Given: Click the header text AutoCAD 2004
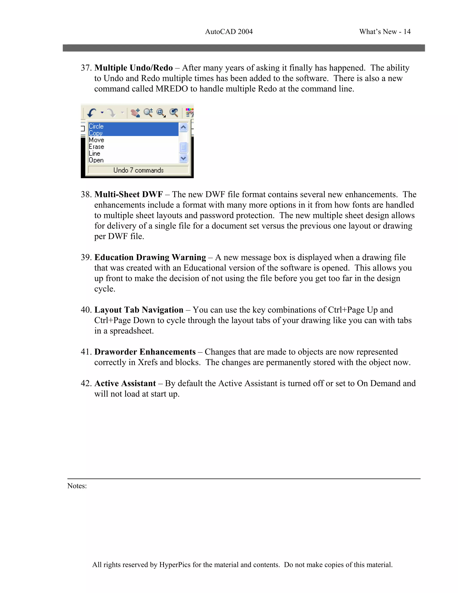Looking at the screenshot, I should coord(229,32).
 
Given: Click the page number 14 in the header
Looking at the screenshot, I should coord(407,32).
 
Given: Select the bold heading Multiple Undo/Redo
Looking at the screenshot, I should coord(134,68).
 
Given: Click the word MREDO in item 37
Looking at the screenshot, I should coord(172,89).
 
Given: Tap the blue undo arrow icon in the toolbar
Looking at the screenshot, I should coord(92,112).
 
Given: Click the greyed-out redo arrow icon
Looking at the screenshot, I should coord(111,112).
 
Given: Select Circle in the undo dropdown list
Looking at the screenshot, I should coord(96,126).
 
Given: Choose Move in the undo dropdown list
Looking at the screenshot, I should coord(96,140).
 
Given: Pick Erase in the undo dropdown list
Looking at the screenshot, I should coord(96,147).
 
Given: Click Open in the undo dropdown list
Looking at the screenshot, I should coord(96,160).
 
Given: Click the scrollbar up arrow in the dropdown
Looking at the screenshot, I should coord(183,127).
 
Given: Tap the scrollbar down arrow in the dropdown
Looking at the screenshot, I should coord(183,158).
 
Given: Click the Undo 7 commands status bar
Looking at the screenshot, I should coord(138,170).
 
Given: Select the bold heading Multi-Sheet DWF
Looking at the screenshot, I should coord(129,194).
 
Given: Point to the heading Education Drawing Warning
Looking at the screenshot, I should coord(150,257).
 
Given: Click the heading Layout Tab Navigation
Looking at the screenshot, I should coord(139,310).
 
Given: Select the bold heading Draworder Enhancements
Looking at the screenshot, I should coord(145,352).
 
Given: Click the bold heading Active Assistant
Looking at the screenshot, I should coord(125,383).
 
